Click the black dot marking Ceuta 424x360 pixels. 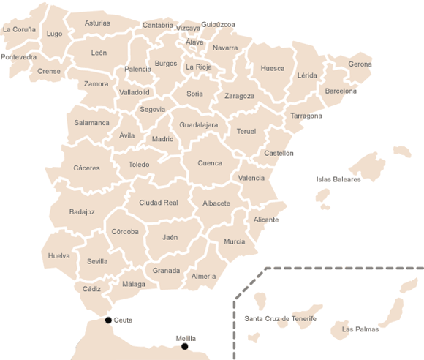tap(108, 320)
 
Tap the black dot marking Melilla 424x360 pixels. tap(185, 346)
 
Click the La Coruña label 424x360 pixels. tap(19, 30)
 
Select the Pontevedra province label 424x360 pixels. tap(18, 57)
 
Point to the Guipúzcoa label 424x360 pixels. tap(218, 25)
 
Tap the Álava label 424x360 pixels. tap(194, 42)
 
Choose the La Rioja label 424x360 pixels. tap(199, 67)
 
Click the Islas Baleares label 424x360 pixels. tap(338, 179)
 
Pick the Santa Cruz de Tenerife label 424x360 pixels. tap(280, 319)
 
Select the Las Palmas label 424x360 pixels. tap(360, 329)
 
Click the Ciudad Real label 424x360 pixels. tap(159, 203)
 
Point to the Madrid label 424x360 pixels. tap(162, 139)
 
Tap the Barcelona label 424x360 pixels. tap(341, 91)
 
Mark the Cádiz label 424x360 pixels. tap(92, 289)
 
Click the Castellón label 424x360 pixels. tap(279, 154)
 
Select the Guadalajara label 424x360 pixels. tap(199, 125)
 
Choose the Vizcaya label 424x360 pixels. tap(188, 29)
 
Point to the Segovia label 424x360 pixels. tap(153, 110)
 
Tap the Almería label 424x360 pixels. tap(203, 277)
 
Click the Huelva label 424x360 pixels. tap(59, 256)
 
